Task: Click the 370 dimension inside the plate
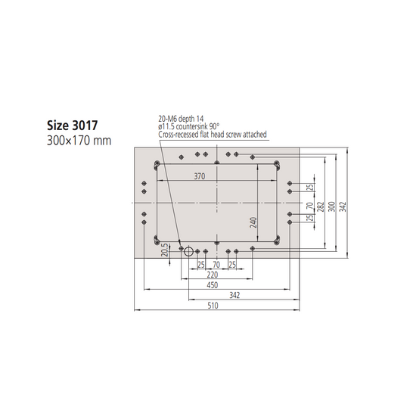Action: (199, 176)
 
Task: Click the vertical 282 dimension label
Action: (319, 206)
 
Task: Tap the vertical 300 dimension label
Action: (331, 206)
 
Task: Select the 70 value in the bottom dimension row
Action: (216, 265)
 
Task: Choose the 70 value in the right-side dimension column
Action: (309, 205)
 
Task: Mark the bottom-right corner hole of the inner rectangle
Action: (278, 242)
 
